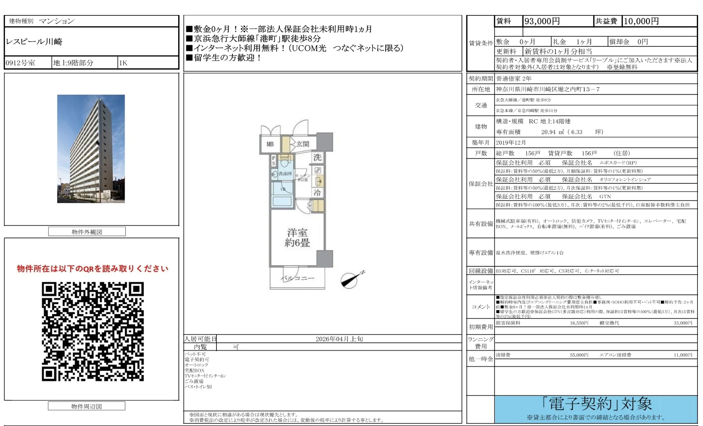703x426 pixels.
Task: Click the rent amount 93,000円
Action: pyautogui.click(x=542, y=21)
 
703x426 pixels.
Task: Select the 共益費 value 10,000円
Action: pyautogui.click(x=641, y=21)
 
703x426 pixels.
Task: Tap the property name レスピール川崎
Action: pyautogui.click(x=34, y=42)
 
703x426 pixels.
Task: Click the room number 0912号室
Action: pyautogui.click(x=21, y=63)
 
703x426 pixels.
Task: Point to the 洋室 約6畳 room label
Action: pyautogui.click(x=297, y=238)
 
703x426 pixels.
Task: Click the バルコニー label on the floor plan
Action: pyautogui.click(x=297, y=278)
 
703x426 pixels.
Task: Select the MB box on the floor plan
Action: pyautogui.click(x=270, y=144)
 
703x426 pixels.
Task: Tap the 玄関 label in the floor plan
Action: pyautogui.click(x=302, y=144)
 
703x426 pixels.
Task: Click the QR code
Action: pyautogui.click(x=93, y=331)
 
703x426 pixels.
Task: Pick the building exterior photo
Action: pyautogui.click(x=91, y=149)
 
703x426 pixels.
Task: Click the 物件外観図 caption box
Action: pyautogui.click(x=87, y=232)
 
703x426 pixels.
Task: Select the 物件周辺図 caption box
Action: pyautogui.click(x=87, y=406)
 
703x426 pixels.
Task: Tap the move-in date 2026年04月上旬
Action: pyautogui.click(x=339, y=339)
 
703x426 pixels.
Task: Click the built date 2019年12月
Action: pyautogui.click(x=511, y=143)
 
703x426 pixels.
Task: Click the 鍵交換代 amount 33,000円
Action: pyautogui.click(x=682, y=323)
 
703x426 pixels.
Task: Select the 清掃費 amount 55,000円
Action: pyautogui.click(x=579, y=355)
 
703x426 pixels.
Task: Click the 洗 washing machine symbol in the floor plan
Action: pyautogui.click(x=317, y=157)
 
